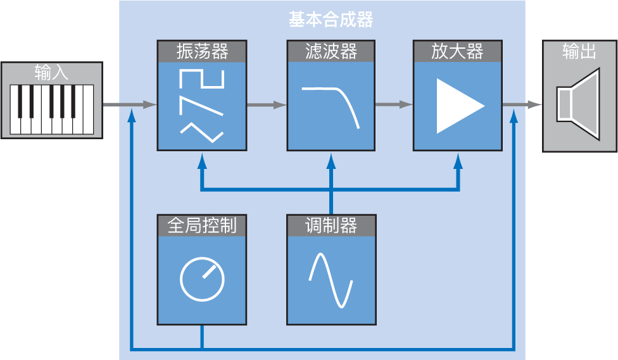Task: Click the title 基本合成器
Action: (x=331, y=20)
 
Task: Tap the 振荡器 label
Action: (x=202, y=51)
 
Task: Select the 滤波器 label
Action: (x=331, y=51)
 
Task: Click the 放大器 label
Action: (x=458, y=51)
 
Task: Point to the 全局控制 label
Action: (x=202, y=225)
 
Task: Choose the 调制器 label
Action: (x=331, y=225)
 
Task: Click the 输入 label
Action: (x=52, y=73)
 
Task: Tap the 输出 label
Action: (x=579, y=51)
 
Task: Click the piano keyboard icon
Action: (x=52, y=109)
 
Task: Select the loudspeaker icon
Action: (x=578, y=104)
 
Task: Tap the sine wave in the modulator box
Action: (x=331, y=280)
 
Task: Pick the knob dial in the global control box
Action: (x=202, y=278)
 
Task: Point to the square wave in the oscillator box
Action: (x=202, y=78)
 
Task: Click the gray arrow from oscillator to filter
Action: (x=267, y=105)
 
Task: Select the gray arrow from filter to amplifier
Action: (x=394, y=104)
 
